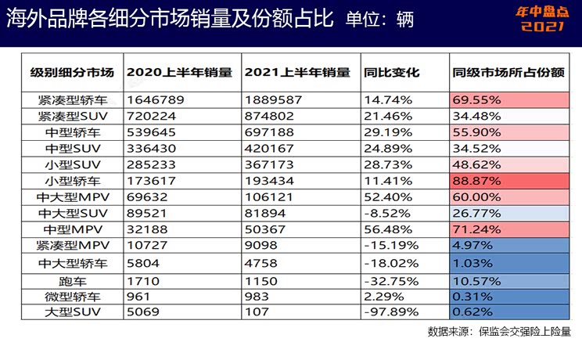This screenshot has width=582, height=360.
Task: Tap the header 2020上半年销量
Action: point(179,72)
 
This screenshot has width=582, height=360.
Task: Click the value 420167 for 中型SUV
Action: point(270,147)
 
